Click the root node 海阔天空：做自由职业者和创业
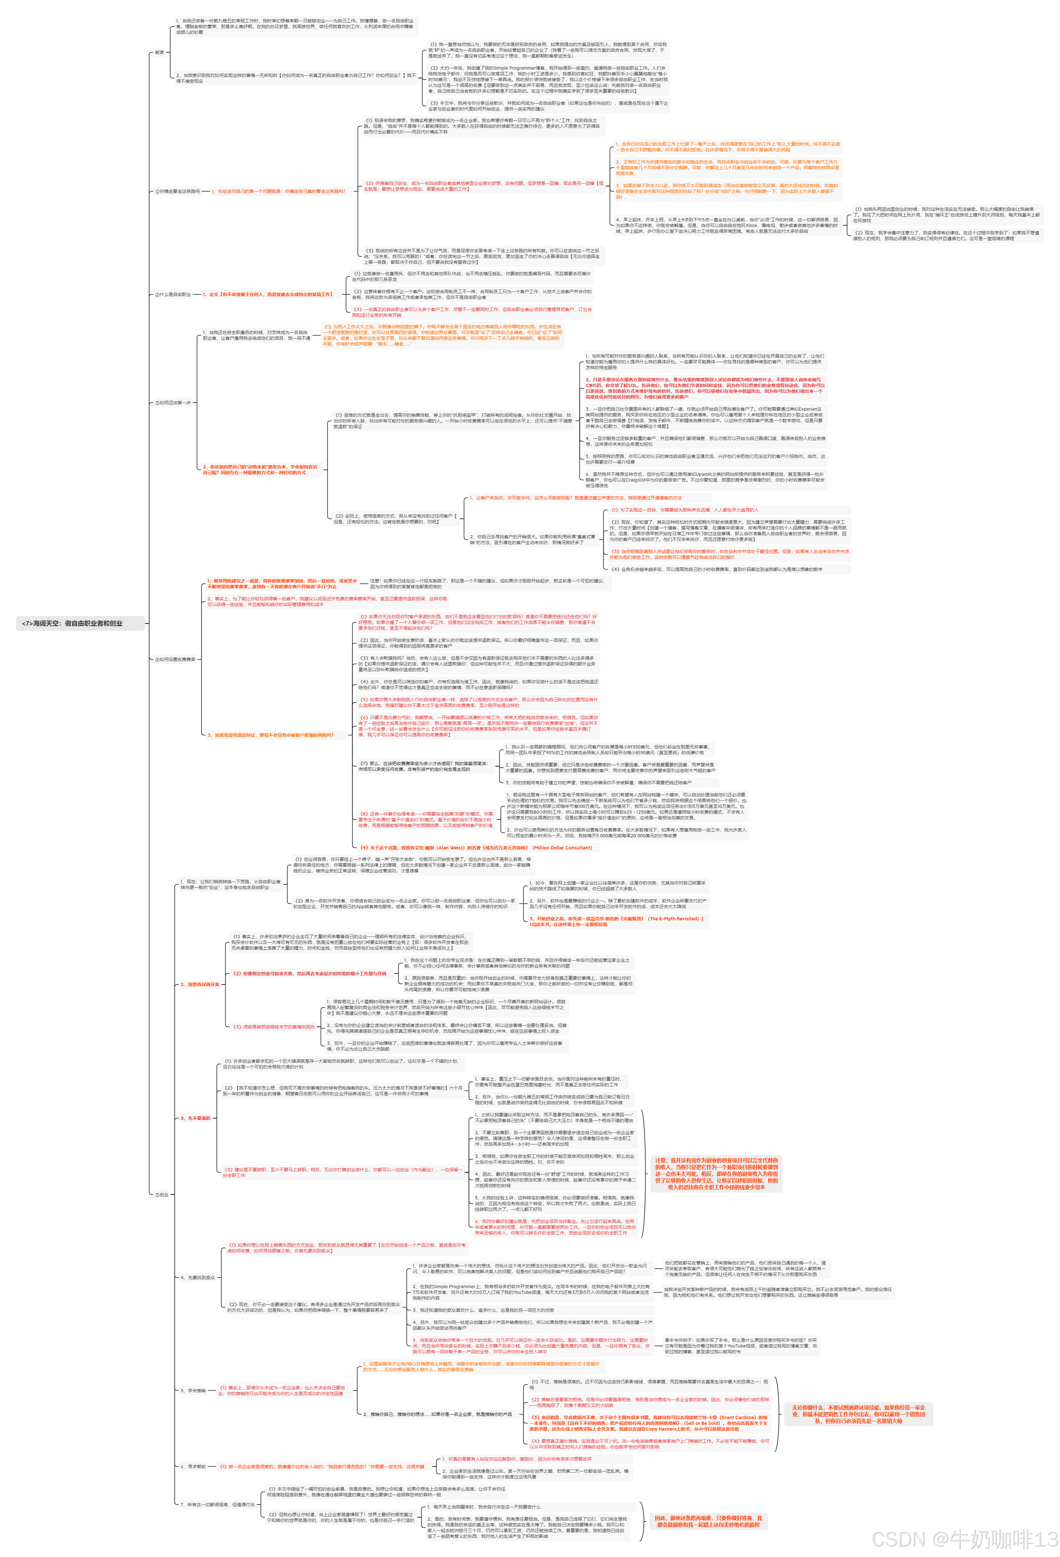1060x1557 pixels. (x=72, y=623)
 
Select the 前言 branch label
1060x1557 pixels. (x=159, y=52)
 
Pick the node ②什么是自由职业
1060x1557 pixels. (x=173, y=294)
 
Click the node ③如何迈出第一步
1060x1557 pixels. (x=173, y=403)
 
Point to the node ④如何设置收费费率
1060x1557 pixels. (x=176, y=659)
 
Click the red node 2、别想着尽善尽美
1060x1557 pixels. (x=200, y=984)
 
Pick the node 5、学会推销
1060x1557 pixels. (x=193, y=1390)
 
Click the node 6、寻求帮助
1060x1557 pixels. (x=193, y=1466)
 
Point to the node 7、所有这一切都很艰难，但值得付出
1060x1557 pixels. (x=217, y=1504)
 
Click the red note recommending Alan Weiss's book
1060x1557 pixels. (x=476, y=847)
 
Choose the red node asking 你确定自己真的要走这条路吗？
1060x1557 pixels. (x=278, y=191)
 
